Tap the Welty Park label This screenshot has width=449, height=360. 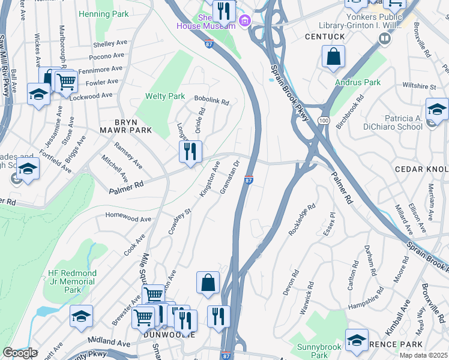[165, 96]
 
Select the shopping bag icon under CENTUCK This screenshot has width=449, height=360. [333, 56]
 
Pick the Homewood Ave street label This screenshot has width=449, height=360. [128, 219]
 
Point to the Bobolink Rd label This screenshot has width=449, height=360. [211, 102]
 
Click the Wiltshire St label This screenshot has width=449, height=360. [420, 86]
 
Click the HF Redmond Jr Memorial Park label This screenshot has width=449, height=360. [73, 281]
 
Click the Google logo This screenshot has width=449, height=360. [20, 353]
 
